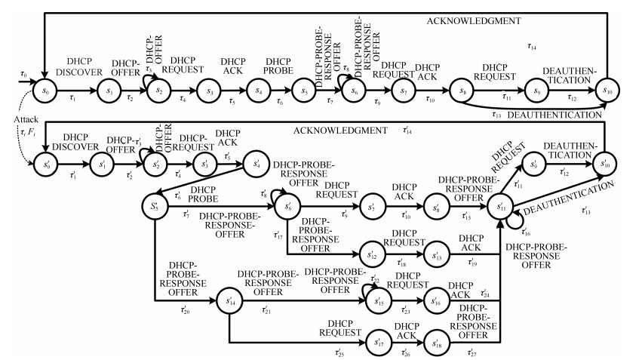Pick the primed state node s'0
45,164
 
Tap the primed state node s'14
229,301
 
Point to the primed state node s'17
380,342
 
